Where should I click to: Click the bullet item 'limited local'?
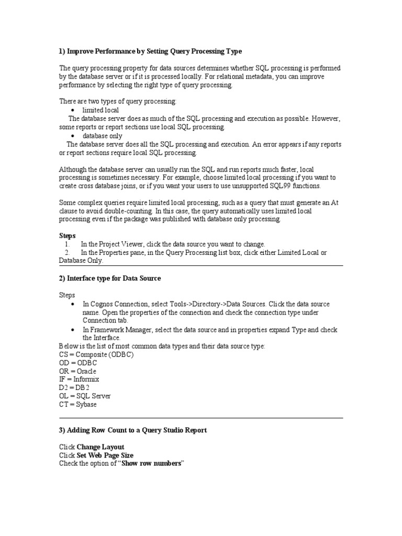(100, 110)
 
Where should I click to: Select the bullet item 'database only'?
(102, 136)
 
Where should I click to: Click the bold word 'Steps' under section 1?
(67, 236)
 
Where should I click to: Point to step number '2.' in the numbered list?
(68, 252)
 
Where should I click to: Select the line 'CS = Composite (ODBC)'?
(96, 354)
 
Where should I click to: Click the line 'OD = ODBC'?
(78, 363)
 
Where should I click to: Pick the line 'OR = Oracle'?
(77, 371)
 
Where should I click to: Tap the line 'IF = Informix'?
(79, 379)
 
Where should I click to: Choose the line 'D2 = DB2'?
(74, 387)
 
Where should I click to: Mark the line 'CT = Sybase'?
(78, 404)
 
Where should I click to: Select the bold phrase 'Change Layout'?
(100, 446)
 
